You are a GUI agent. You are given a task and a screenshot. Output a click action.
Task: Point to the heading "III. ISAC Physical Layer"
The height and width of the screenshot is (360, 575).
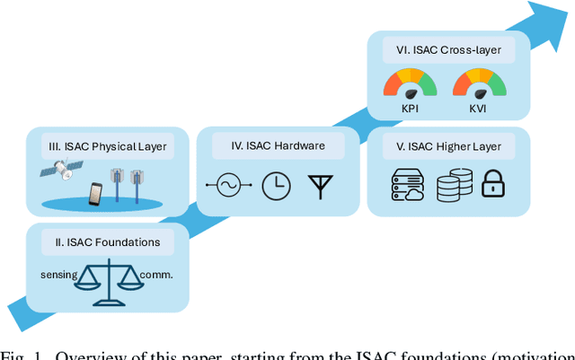click(x=108, y=146)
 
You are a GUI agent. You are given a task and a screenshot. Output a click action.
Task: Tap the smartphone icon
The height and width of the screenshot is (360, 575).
click(x=95, y=193)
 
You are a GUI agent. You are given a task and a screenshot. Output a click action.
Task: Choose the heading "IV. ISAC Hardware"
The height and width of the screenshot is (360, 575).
click(x=268, y=145)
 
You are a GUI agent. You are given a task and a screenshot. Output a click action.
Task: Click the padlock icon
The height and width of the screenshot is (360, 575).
click(x=492, y=186)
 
